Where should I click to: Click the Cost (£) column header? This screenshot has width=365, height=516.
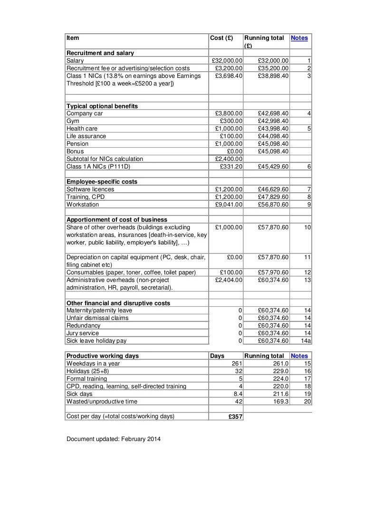coord(221,38)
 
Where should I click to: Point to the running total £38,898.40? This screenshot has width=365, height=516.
coord(273,76)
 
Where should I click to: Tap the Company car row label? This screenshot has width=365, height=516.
coord(85,113)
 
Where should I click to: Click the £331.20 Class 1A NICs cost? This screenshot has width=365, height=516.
coord(231,167)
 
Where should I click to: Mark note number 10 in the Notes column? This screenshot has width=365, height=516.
coord(307,227)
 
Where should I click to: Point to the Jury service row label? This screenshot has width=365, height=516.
coord(83,333)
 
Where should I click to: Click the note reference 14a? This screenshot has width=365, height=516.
coord(307,341)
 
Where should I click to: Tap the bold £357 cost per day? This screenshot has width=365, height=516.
coord(235,417)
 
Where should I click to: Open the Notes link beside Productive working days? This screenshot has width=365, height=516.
coord(299,356)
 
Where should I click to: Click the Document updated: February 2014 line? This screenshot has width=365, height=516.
coord(114,439)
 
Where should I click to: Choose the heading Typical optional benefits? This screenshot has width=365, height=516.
coord(102,106)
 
